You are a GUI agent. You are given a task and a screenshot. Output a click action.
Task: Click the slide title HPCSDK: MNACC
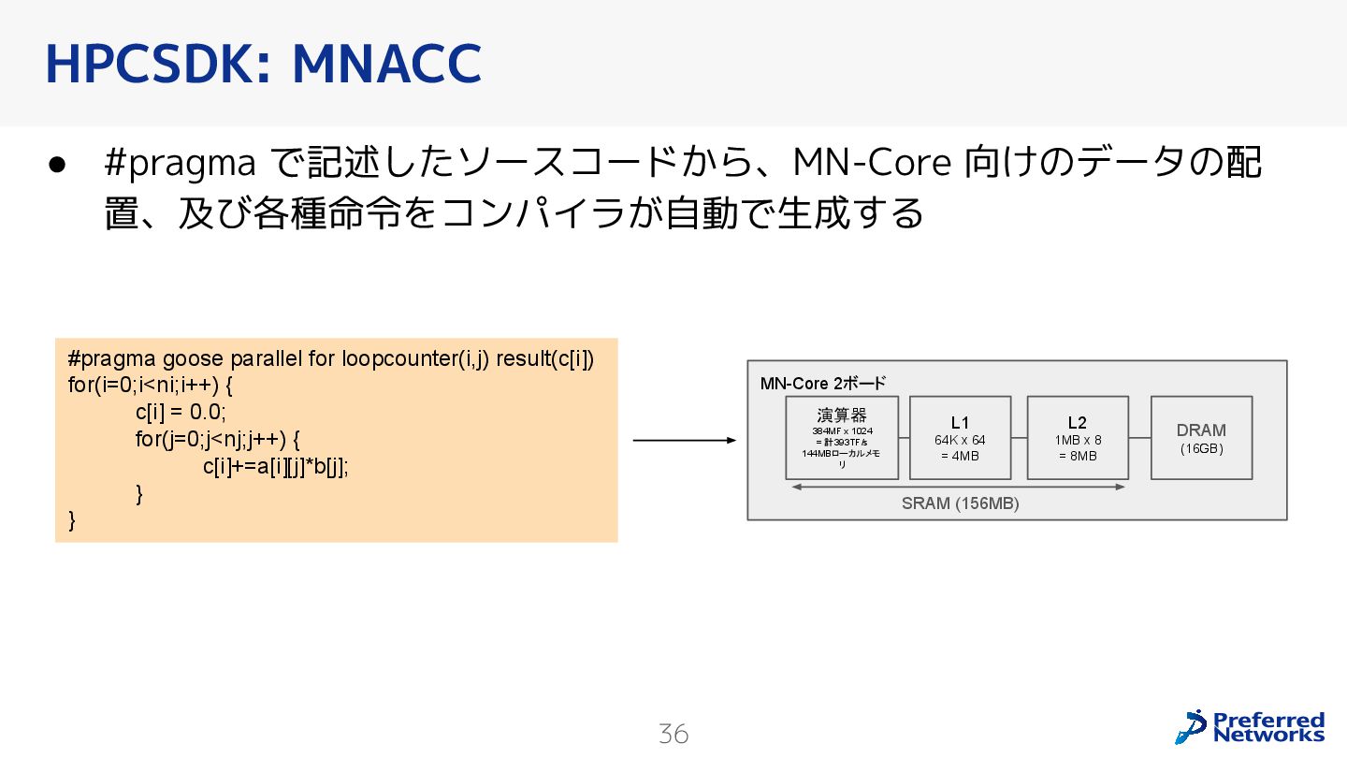[x=263, y=63]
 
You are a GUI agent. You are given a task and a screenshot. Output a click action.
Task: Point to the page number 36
[x=673, y=734]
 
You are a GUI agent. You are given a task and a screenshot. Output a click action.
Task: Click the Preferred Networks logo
[x=1250, y=726]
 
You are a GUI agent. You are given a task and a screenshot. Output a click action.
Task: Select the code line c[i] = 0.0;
[x=181, y=413]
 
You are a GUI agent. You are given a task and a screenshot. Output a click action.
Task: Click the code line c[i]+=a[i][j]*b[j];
[x=275, y=467]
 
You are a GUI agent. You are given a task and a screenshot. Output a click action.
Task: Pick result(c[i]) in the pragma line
[x=544, y=359]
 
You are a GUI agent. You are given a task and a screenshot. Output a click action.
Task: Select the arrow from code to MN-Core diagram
[x=684, y=441]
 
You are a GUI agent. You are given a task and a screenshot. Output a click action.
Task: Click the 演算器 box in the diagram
[x=841, y=438]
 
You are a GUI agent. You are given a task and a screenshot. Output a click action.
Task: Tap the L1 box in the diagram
[x=960, y=438]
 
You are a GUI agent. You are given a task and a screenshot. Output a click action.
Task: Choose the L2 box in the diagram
[x=1078, y=438]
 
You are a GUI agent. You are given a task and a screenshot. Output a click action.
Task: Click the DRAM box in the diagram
[x=1201, y=438]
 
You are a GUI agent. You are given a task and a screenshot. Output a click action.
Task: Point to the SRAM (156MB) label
[x=960, y=503]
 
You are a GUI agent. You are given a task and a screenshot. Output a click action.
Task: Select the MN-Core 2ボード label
[x=822, y=383]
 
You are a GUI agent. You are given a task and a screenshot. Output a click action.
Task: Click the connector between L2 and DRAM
[x=1139, y=438]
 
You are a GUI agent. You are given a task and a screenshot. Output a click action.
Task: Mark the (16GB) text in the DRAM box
[x=1201, y=449]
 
